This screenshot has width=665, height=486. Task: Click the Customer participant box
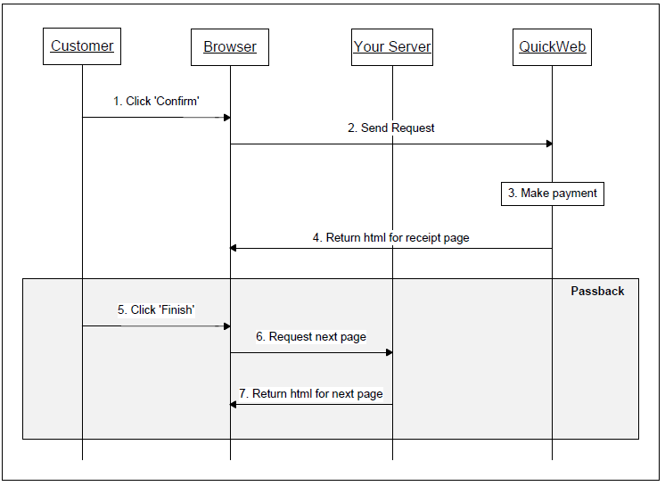pyautogui.click(x=82, y=46)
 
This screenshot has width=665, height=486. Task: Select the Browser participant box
pyautogui.click(x=230, y=47)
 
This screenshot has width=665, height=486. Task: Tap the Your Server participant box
pyautogui.click(x=392, y=47)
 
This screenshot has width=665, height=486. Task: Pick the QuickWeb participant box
pyautogui.click(x=553, y=47)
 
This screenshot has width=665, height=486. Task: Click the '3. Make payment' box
pyautogui.click(x=552, y=194)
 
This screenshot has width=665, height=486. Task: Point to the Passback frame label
pyautogui.click(x=597, y=292)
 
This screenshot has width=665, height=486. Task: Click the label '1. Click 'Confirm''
pyautogui.click(x=156, y=102)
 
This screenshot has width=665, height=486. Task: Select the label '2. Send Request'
pyautogui.click(x=391, y=128)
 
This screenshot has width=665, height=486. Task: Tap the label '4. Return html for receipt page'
pyautogui.click(x=390, y=238)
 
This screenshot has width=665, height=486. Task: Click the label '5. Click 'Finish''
pyautogui.click(x=156, y=310)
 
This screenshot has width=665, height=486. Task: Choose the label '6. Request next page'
pyautogui.click(x=311, y=337)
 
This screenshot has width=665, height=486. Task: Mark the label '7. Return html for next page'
pyautogui.click(x=310, y=394)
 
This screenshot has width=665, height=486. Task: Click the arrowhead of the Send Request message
pyautogui.click(x=548, y=144)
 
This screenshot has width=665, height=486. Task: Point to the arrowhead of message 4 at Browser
pyautogui.click(x=234, y=248)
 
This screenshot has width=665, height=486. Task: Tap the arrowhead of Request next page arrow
pyautogui.click(x=389, y=352)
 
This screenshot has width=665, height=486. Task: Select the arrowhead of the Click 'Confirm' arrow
pyautogui.click(x=226, y=117)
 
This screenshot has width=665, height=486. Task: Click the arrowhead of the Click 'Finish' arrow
pyautogui.click(x=226, y=325)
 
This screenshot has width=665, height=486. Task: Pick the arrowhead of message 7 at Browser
pyautogui.click(x=234, y=404)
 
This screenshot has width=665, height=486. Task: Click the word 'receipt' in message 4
pyautogui.click(x=416, y=238)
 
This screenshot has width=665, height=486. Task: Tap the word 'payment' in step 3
pyautogui.click(x=575, y=194)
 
